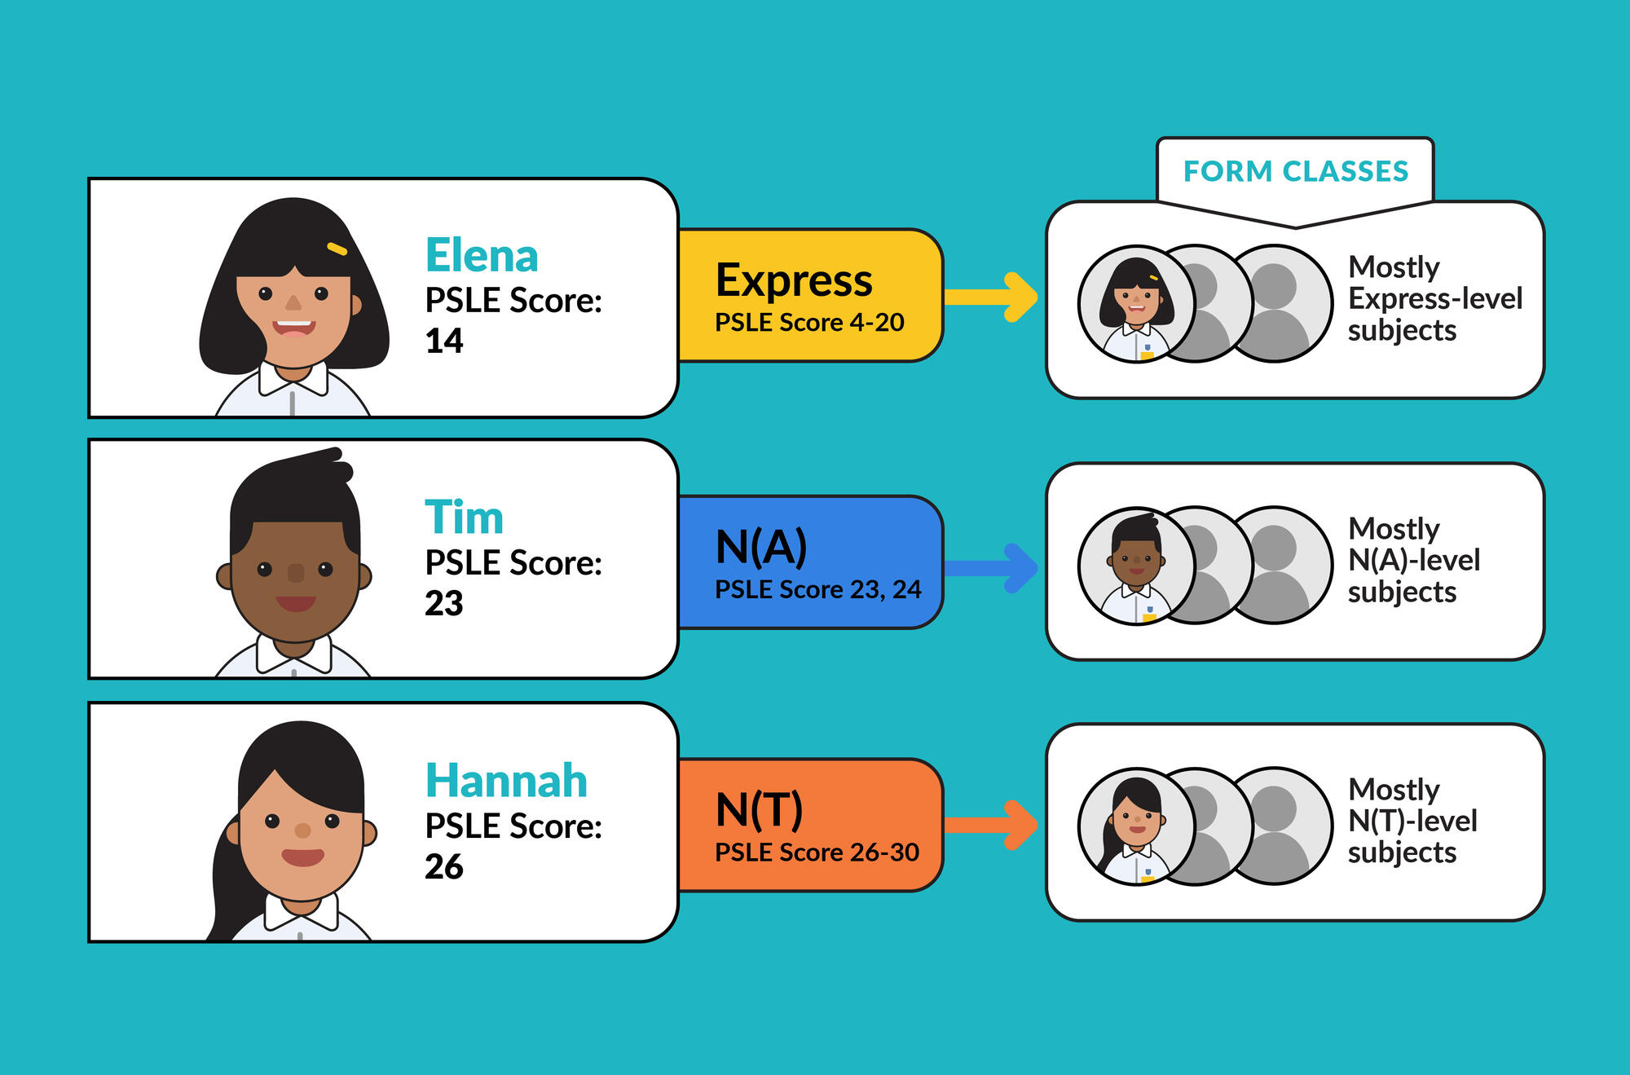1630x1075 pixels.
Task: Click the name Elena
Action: point(482,256)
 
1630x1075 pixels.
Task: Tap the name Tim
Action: point(464,518)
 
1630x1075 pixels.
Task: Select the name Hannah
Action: point(506,781)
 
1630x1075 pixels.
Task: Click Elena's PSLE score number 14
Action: point(444,341)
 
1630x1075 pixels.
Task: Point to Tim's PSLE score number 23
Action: point(444,603)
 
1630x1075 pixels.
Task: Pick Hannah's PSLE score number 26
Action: point(444,866)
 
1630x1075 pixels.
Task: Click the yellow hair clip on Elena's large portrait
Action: point(337,249)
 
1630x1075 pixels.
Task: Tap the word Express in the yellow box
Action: point(794,280)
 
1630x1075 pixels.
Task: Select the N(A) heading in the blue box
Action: point(761,546)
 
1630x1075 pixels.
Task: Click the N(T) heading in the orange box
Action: point(759,809)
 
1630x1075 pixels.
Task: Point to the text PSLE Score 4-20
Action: point(809,323)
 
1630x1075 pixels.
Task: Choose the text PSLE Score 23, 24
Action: point(817,589)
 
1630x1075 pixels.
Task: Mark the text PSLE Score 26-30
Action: point(817,853)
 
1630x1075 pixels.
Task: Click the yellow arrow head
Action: point(1021,297)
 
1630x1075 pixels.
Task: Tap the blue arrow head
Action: point(1021,567)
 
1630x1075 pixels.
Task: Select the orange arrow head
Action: point(1021,825)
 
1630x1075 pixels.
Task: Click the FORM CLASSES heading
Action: point(1296,171)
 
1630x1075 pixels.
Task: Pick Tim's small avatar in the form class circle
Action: point(1137,566)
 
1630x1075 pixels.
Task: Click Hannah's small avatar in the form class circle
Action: point(1136,827)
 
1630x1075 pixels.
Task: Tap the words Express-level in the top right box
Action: point(1435,298)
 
